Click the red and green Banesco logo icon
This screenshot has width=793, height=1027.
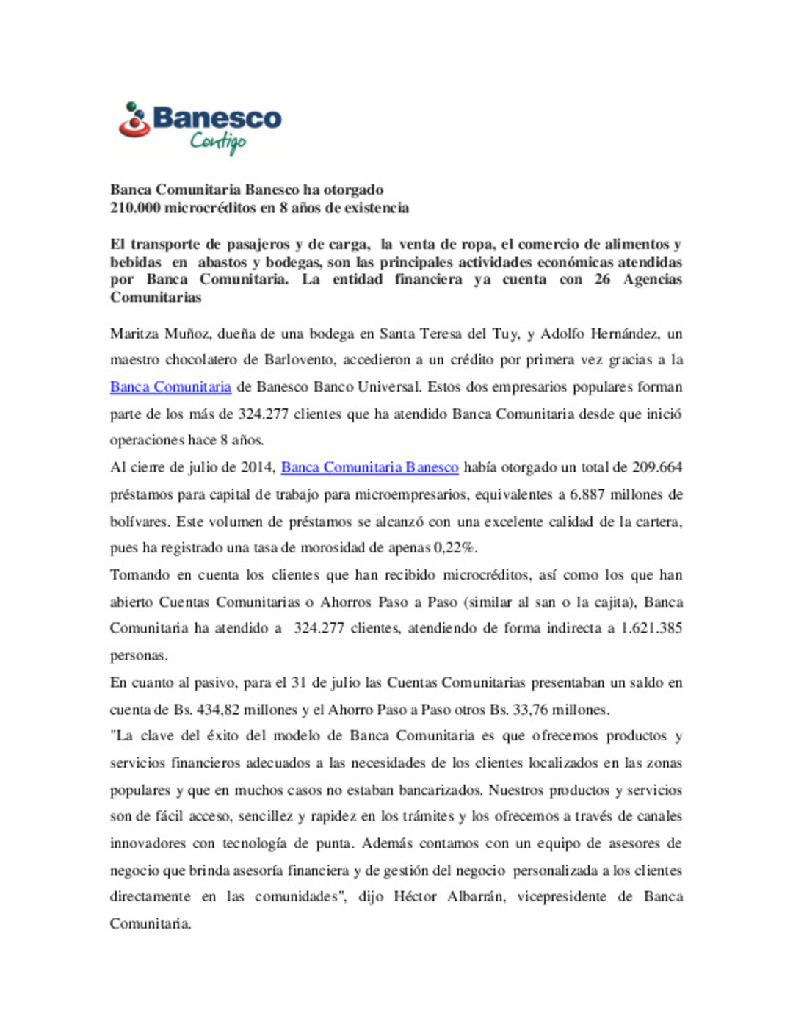pos(134,120)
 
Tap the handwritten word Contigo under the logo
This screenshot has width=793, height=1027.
pos(218,141)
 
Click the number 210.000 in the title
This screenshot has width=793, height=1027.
pos(135,208)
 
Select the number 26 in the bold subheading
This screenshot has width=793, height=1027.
pos(602,279)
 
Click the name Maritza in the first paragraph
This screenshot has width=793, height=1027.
pos(134,334)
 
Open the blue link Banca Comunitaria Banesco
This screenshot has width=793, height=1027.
pos(369,467)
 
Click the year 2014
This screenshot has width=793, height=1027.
pos(259,467)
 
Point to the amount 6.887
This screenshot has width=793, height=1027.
pos(587,494)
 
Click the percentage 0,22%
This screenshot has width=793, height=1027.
pos(455,548)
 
